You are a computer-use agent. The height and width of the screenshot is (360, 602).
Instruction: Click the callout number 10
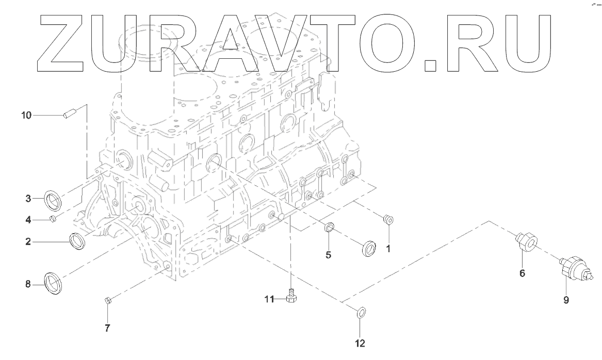[x=26, y=115]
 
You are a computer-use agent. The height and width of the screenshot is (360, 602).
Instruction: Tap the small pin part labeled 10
[x=70, y=113]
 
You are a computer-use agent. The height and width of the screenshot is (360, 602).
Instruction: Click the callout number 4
[x=29, y=220]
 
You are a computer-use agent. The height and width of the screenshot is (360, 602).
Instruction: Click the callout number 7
[x=107, y=328]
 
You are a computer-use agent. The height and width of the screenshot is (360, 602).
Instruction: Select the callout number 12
[x=360, y=342]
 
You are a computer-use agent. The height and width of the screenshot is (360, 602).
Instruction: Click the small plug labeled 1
[x=389, y=220]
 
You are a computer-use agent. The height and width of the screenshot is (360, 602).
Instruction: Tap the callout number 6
[x=522, y=273]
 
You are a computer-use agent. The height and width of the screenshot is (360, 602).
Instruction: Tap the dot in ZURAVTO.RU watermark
[x=431, y=65]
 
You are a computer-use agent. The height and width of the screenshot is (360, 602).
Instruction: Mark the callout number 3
[x=29, y=198]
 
